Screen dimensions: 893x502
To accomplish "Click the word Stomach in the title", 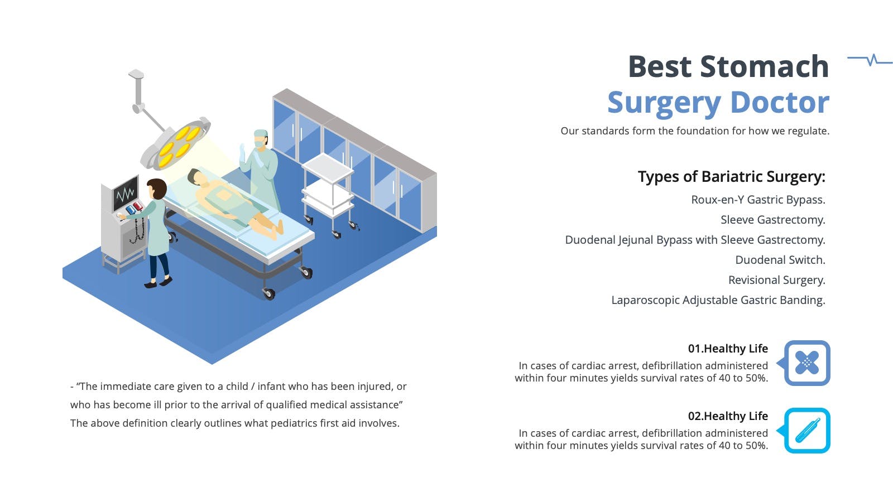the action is tap(764, 66).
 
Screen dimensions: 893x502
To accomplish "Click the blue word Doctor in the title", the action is tap(780, 103).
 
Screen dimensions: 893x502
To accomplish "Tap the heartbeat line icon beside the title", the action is tap(870, 60).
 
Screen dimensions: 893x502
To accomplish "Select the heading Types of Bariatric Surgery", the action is tap(732, 176).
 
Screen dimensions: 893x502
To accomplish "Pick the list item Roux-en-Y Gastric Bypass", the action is tap(758, 200).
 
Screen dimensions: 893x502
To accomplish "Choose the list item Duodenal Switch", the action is tap(780, 260).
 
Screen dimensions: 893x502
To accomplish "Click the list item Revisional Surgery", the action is tap(776, 280).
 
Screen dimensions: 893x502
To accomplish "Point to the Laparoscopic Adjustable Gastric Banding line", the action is tap(718, 300).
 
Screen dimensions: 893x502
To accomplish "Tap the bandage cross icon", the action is tap(807, 363).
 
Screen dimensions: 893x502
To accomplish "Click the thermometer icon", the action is tap(807, 430).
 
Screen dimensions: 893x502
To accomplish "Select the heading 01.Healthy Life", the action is tap(728, 349).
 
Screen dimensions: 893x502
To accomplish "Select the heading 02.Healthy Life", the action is tap(728, 416).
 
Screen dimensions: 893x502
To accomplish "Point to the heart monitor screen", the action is tap(126, 194).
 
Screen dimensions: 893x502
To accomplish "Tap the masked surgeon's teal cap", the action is tap(261, 133).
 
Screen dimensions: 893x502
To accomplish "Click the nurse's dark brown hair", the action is tap(157, 188).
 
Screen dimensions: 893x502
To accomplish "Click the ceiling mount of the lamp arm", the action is tap(136, 74).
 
